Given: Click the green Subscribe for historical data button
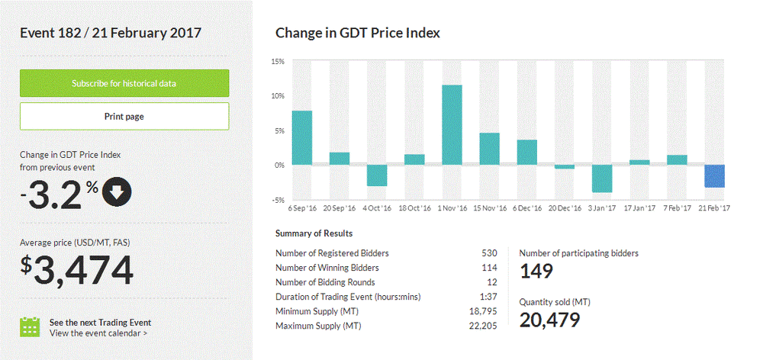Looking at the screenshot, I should [x=124, y=83].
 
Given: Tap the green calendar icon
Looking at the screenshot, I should [x=30, y=327].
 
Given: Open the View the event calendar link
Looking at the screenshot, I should [x=98, y=333].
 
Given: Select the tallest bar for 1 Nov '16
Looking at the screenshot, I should [x=452, y=124].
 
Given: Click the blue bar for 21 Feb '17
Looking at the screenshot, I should [x=714, y=176].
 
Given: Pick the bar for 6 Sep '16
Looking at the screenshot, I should [x=302, y=137].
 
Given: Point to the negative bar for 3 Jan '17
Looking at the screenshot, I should [x=602, y=178].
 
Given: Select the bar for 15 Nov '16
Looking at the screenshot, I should [x=489, y=149].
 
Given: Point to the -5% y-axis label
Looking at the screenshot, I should [x=278, y=200].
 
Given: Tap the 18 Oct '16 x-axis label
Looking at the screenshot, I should [x=414, y=207].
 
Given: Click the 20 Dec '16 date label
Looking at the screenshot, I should [x=565, y=207].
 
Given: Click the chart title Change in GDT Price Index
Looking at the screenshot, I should [x=357, y=33].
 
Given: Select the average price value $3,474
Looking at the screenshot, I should [x=76, y=271].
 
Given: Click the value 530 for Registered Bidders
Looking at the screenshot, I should [x=489, y=253].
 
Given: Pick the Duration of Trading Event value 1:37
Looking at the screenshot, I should [x=489, y=297].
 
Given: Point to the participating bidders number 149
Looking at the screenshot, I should [x=536, y=272].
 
